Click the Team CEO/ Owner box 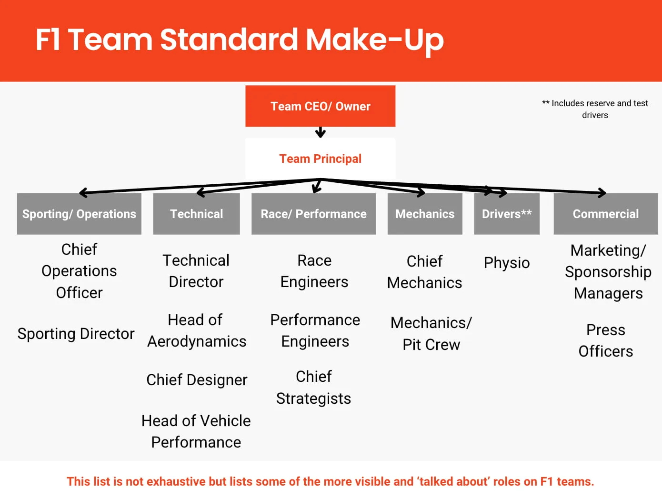pyautogui.click(x=321, y=106)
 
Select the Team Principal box pyautogui.click(x=321, y=159)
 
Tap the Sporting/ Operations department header pyautogui.click(x=79, y=214)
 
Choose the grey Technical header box pyautogui.click(x=196, y=214)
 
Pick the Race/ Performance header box pyautogui.click(x=314, y=214)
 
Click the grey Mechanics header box pyautogui.click(x=425, y=214)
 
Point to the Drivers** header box pyautogui.click(x=507, y=214)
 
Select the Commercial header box pyautogui.click(x=606, y=214)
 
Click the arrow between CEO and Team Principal pyautogui.click(x=321, y=132)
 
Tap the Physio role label pyautogui.click(x=507, y=263)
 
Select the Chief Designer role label pyautogui.click(x=197, y=380)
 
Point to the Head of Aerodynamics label pyautogui.click(x=196, y=331)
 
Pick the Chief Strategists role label pyautogui.click(x=314, y=388)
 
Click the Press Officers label pyautogui.click(x=606, y=340)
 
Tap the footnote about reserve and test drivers pyautogui.click(x=595, y=109)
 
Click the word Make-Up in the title pyautogui.click(x=375, y=40)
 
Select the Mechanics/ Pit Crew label pyautogui.click(x=431, y=334)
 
